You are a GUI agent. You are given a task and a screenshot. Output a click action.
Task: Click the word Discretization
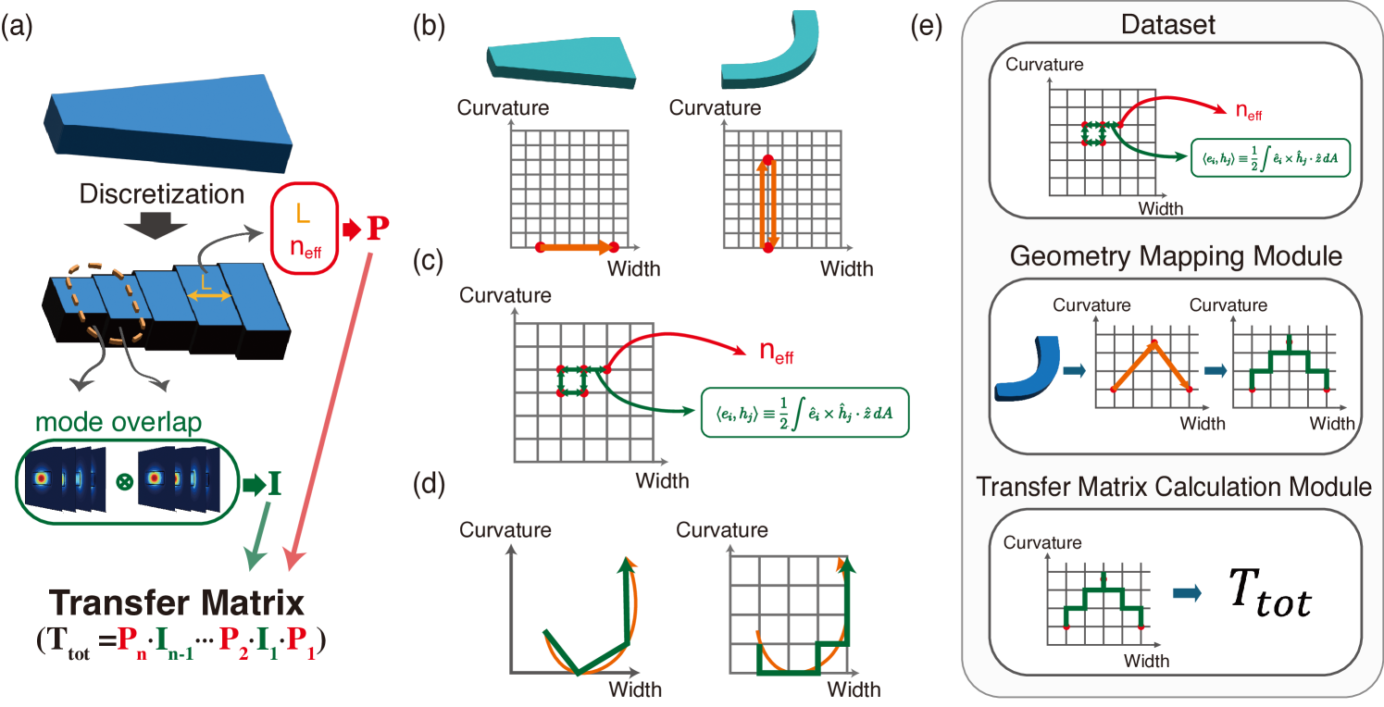pyautogui.click(x=162, y=195)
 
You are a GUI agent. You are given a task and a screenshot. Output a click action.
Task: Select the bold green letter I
pyautogui.click(x=274, y=483)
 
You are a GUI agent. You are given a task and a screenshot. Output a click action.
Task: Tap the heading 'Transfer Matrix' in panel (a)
pyautogui.click(x=178, y=605)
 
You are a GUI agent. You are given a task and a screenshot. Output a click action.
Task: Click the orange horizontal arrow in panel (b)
pyautogui.click(x=575, y=247)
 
